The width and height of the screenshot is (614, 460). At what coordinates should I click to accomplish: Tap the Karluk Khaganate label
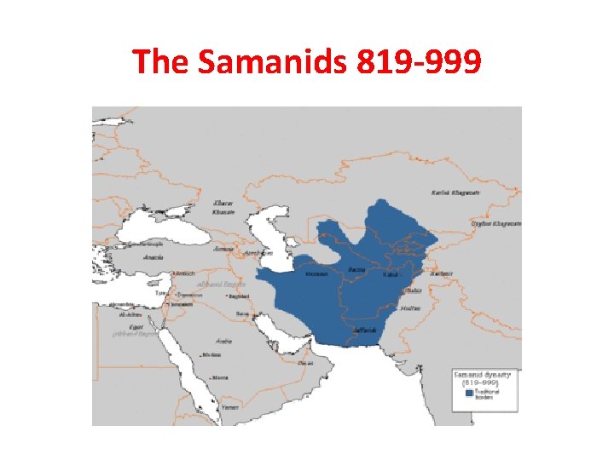[456, 192]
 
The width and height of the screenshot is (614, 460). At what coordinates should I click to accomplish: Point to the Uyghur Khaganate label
[495, 223]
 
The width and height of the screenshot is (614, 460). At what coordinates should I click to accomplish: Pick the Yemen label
[228, 407]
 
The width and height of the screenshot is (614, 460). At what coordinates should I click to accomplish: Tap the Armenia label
[223, 250]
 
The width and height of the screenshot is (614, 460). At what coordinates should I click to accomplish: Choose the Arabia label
[223, 338]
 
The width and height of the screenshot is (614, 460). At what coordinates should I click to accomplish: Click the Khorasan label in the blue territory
[316, 273]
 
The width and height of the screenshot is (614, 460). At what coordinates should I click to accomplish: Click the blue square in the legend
[468, 394]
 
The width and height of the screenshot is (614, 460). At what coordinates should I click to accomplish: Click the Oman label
[305, 361]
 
